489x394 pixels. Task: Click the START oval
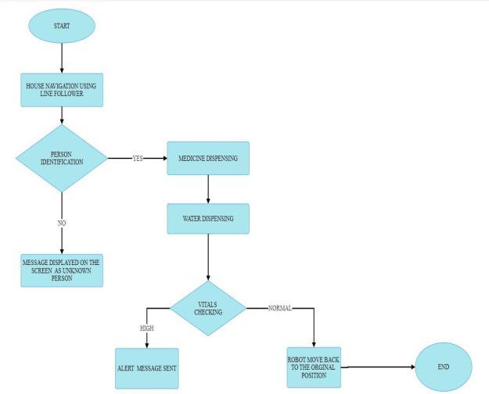[61, 26]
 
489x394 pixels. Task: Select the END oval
[444, 366]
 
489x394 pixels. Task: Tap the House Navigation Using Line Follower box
[62, 90]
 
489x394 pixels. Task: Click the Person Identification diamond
[62, 158]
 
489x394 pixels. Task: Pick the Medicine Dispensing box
[208, 158]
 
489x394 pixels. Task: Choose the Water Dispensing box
[208, 218]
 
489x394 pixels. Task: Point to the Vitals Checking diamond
[208, 308]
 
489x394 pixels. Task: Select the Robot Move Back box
[314, 366]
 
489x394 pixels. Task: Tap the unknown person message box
[62, 270]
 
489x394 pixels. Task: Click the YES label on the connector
[138, 159]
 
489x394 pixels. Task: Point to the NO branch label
[62, 223]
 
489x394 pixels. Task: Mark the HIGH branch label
[146, 328]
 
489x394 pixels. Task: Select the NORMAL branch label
[279, 308]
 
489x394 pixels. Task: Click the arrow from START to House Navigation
[62, 57]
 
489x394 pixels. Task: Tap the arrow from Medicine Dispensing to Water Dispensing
[208, 188]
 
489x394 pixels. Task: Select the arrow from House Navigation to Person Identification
[62, 116]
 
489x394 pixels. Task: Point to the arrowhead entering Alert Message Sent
[146, 342]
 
